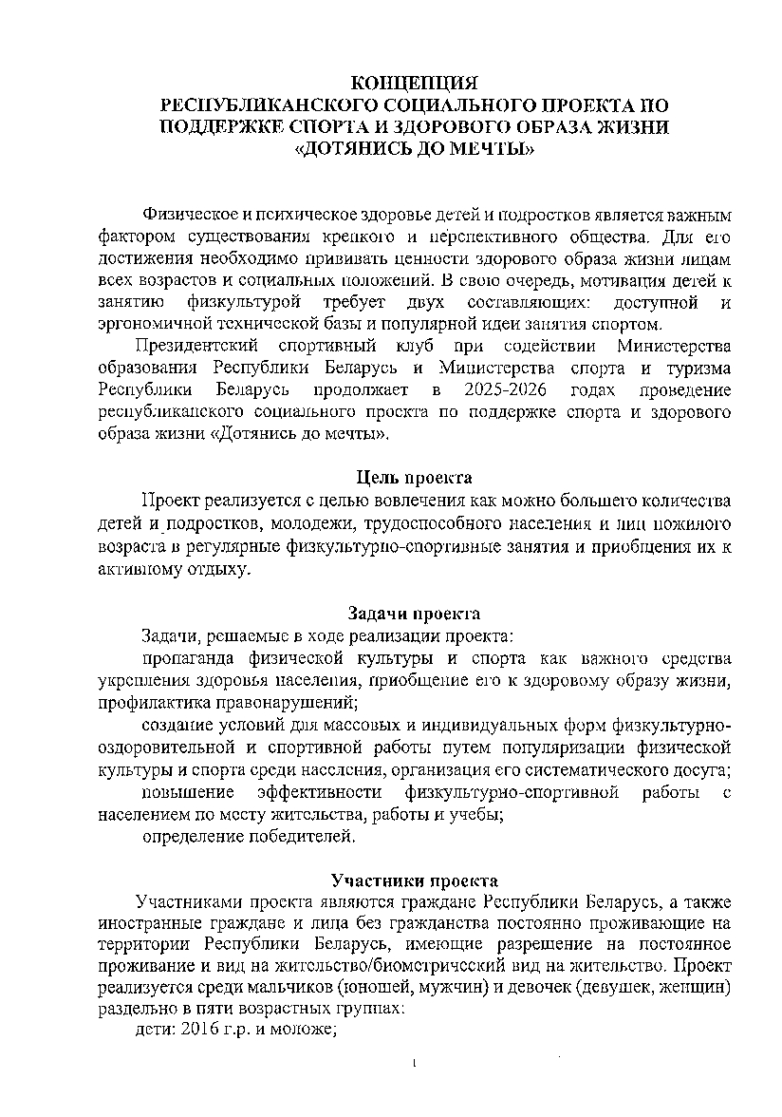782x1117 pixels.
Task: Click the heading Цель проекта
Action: [414, 477]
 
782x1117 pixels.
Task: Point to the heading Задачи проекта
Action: [414, 614]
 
